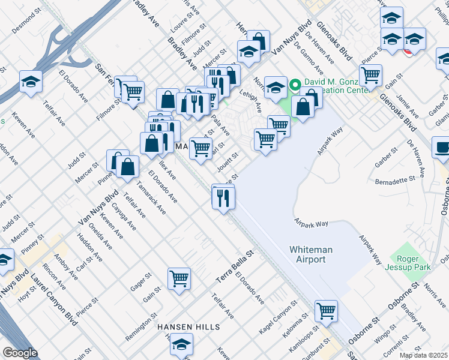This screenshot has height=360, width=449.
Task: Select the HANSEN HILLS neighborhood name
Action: point(188,327)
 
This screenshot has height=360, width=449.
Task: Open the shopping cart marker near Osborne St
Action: point(326,311)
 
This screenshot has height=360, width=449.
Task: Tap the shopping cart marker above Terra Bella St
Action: point(179,278)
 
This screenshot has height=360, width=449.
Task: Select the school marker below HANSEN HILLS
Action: point(181,344)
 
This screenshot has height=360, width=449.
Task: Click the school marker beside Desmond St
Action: point(30,82)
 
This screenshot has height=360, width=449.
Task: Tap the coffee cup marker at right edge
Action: point(442,148)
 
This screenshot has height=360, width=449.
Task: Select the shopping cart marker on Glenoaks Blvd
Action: point(370,76)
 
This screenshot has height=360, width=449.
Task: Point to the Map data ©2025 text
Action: point(423,355)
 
